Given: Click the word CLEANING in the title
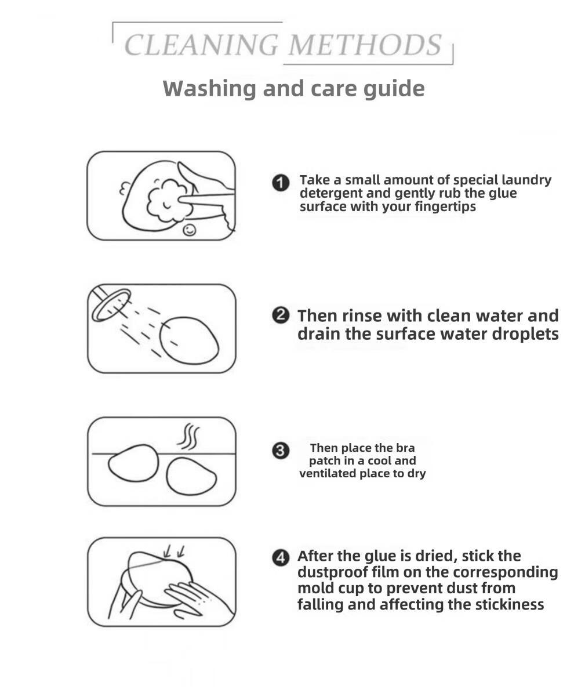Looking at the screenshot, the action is tap(202, 45).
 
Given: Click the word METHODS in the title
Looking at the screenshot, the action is tap(365, 45).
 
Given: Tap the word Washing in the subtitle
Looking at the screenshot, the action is tap(209, 89).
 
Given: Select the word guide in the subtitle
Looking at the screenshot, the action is tap(394, 89).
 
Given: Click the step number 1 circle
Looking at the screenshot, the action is tap(281, 183).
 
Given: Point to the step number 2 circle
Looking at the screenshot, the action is tap(281, 315).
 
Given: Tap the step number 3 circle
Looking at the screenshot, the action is tap(281, 451).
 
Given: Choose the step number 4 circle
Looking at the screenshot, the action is tap(281, 558).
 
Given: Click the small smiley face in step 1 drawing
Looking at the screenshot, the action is tap(190, 230).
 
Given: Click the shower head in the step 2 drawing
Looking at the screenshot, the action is tap(111, 304).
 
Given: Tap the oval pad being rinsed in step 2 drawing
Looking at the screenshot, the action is tap(189, 340).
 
